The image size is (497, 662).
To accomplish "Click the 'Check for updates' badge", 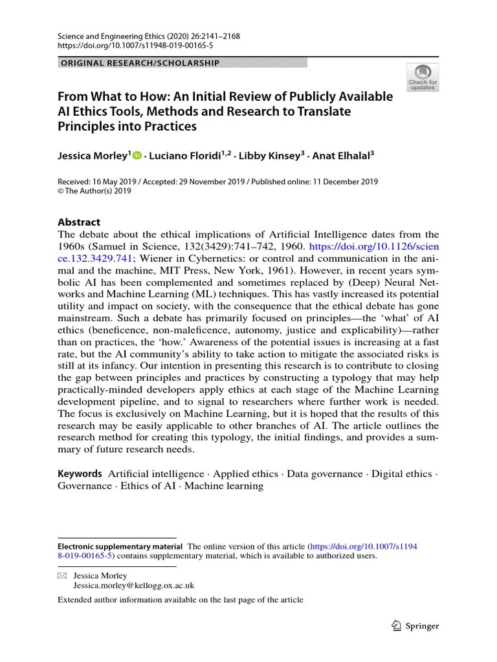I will tap(422, 78).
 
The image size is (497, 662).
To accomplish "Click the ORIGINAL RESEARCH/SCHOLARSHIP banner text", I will tap(139, 63).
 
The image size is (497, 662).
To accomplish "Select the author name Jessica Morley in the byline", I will tap(93, 155).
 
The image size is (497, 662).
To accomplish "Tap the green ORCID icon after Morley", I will tap(137, 155).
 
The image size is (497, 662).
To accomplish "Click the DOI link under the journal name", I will tap(126, 47).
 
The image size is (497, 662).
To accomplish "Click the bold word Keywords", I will tap(80, 474).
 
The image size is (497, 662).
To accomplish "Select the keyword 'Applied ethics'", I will tap(247, 474).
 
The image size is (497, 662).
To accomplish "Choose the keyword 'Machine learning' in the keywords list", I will tap(224, 486).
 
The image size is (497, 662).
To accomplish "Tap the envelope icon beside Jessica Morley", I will tap(62, 575).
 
